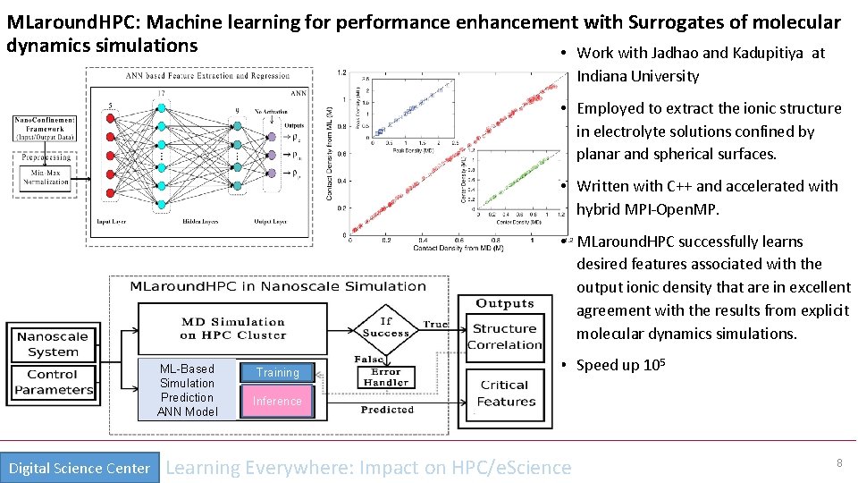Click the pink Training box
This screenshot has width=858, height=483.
(x=277, y=372)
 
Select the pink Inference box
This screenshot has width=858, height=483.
(x=277, y=401)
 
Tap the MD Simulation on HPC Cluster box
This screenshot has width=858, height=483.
(x=233, y=328)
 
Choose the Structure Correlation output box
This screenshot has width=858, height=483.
(x=505, y=336)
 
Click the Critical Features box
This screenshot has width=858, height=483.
(x=505, y=394)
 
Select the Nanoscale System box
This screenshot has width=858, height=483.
(x=53, y=344)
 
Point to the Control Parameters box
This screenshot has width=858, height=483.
(x=53, y=382)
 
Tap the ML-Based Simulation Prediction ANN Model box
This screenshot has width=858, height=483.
(x=187, y=390)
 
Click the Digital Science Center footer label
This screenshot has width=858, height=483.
(x=80, y=468)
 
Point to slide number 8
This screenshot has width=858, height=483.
(x=839, y=463)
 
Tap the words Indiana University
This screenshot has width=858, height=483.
(x=637, y=76)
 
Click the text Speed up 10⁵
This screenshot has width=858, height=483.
(x=618, y=366)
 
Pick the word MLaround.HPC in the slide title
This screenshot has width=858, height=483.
(x=60, y=21)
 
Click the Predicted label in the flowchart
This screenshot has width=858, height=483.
(x=387, y=410)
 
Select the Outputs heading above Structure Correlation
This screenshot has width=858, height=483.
(x=505, y=304)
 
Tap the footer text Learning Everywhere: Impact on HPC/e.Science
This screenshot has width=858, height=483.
(x=368, y=467)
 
